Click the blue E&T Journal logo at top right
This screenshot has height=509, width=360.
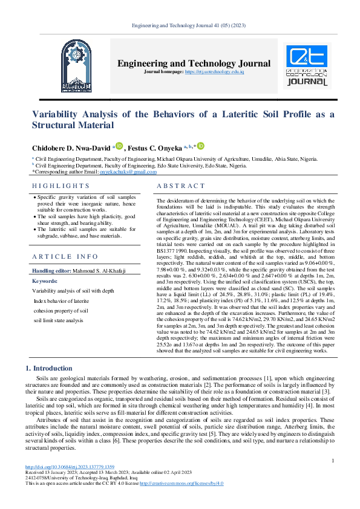pos(307,65)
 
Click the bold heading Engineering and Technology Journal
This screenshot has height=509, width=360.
pos(194,63)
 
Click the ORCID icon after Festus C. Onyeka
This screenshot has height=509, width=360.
pos(200,146)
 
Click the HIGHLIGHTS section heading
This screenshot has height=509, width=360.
pos(61,186)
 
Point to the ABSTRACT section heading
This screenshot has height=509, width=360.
pos(180,186)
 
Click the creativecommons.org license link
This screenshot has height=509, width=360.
pos(182,484)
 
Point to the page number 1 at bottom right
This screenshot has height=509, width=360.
pos(333,461)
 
